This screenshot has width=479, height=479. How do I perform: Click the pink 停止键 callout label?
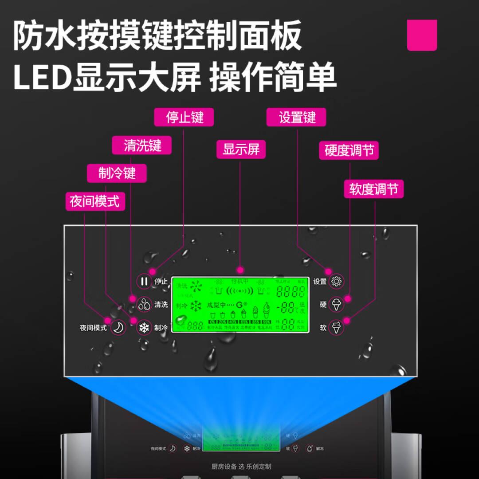point(184,118)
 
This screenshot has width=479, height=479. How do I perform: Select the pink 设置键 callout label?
point(297,118)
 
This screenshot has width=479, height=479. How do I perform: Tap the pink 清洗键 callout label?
point(142,145)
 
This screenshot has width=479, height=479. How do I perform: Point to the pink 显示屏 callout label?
point(241,149)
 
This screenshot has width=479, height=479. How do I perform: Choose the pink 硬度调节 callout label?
point(349,151)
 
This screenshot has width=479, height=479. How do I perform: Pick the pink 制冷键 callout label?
point(117,173)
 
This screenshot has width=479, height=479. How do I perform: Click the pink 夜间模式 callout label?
point(94,201)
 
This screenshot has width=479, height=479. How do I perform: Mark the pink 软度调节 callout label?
point(374,189)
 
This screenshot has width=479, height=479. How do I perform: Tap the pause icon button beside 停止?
point(144,281)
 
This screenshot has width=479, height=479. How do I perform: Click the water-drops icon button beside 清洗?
point(144,305)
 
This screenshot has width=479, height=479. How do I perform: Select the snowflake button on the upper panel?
point(144,328)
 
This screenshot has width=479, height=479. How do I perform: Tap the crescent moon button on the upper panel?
point(118,328)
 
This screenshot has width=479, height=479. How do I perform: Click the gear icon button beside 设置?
point(337,281)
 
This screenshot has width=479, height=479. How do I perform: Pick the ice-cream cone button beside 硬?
point(337,305)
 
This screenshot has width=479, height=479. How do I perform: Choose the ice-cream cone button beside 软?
point(337,328)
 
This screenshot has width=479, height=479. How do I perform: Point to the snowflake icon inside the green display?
point(196,306)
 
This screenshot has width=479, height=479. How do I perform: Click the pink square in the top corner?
point(422,35)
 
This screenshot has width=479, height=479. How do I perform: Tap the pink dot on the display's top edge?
point(240,269)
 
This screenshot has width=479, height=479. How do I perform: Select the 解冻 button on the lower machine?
point(310,448)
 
